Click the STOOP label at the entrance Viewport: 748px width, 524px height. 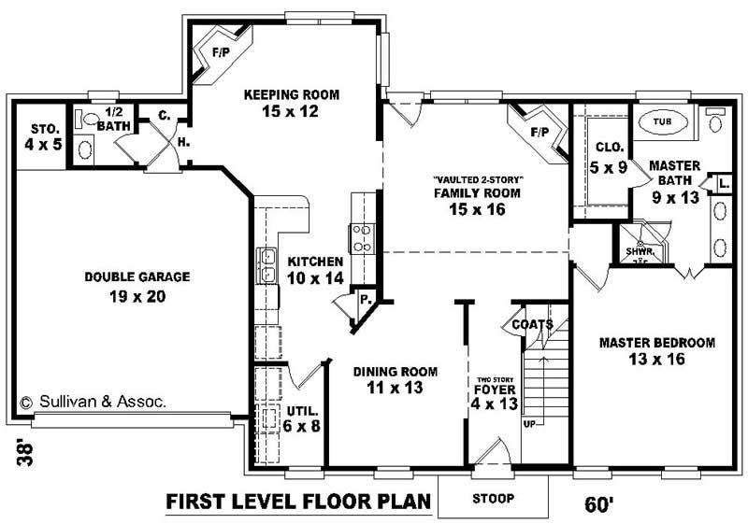click(x=492, y=497)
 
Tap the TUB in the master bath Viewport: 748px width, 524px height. click(x=662, y=121)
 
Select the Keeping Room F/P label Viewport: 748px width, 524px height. click(x=221, y=52)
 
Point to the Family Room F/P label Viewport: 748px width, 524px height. click(x=539, y=133)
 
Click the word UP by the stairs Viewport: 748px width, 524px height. click(x=530, y=423)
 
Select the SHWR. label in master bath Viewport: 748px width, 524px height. click(x=639, y=250)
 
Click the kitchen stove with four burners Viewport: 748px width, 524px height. click(x=362, y=239)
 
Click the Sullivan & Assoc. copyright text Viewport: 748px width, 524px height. click(x=93, y=402)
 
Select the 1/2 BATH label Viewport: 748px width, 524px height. click(x=106, y=118)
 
